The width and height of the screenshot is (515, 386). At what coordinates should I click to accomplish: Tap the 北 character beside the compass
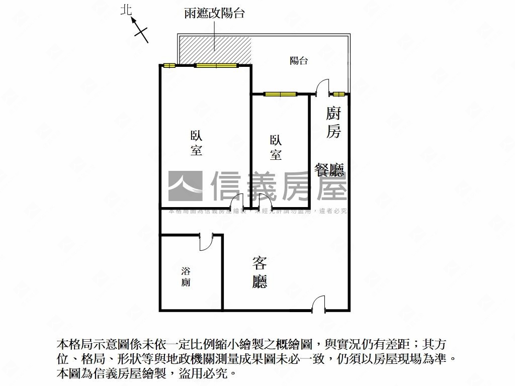pyautogui.click(x=126, y=10)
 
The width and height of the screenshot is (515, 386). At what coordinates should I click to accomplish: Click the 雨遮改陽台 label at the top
pyautogui.click(x=215, y=14)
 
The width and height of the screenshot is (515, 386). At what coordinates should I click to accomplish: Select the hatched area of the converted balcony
pyautogui.click(x=215, y=50)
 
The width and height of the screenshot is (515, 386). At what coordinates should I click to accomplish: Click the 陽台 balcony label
pyautogui.click(x=299, y=61)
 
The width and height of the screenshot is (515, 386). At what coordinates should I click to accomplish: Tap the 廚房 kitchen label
pyautogui.click(x=333, y=122)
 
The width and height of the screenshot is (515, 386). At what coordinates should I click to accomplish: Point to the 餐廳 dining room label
pyautogui.click(x=329, y=170)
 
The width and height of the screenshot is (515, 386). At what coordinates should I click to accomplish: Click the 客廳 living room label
pyautogui.click(x=260, y=272)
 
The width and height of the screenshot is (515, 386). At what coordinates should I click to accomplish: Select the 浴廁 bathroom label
pyautogui.click(x=186, y=276)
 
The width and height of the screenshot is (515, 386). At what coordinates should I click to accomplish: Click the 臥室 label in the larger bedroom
pyautogui.click(x=196, y=143)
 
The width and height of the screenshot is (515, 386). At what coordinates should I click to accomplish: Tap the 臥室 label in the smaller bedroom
pyautogui.click(x=276, y=147)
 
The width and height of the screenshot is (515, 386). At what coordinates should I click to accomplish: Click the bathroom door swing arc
pyautogui.click(x=206, y=241)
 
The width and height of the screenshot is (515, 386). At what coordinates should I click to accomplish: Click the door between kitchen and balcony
pyautogui.click(x=322, y=87)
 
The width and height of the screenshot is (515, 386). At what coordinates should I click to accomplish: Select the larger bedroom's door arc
pyautogui.click(x=237, y=201)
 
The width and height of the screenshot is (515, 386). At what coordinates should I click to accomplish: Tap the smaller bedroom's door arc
pyautogui.click(x=265, y=201)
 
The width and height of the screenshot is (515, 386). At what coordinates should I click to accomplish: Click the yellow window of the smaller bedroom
pyautogui.click(x=281, y=94)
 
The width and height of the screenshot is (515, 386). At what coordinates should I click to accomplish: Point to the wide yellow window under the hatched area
pyautogui.click(x=216, y=65)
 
